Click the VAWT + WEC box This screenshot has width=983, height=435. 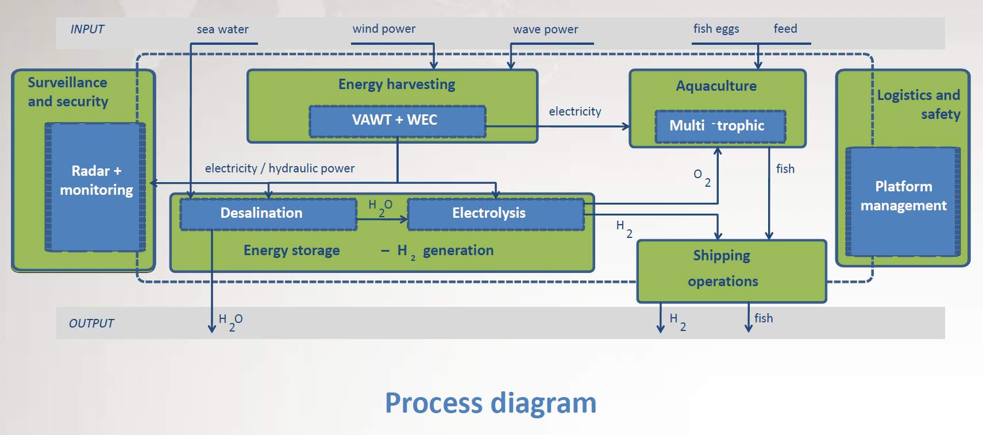click(x=397, y=121)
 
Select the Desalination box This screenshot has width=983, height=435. click(x=268, y=214)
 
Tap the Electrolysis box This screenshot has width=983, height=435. click(x=495, y=214)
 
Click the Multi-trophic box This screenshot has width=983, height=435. click(x=720, y=126)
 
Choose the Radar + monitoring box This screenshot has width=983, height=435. click(x=95, y=187)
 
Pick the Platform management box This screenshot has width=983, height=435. click(x=903, y=201)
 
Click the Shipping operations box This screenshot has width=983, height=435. click(x=731, y=271)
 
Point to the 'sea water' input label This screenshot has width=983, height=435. click(x=222, y=29)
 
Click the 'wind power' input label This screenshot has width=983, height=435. click(x=384, y=29)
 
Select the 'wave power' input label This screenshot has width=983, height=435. click(x=545, y=29)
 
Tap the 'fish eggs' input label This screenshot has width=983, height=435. click(x=716, y=29)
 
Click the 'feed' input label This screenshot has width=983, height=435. click(x=785, y=29)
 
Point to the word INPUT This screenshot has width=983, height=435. click(x=87, y=29)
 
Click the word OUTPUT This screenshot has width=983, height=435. click(x=91, y=323)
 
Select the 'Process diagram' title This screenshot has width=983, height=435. click(x=491, y=403)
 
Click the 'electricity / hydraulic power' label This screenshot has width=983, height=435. click(x=280, y=168)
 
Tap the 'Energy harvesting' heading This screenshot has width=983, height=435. click(x=396, y=84)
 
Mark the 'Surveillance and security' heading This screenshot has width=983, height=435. click(x=68, y=92)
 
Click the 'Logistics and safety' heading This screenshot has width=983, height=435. click(x=919, y=104)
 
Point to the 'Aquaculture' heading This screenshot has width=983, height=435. click(x=716, y=86)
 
